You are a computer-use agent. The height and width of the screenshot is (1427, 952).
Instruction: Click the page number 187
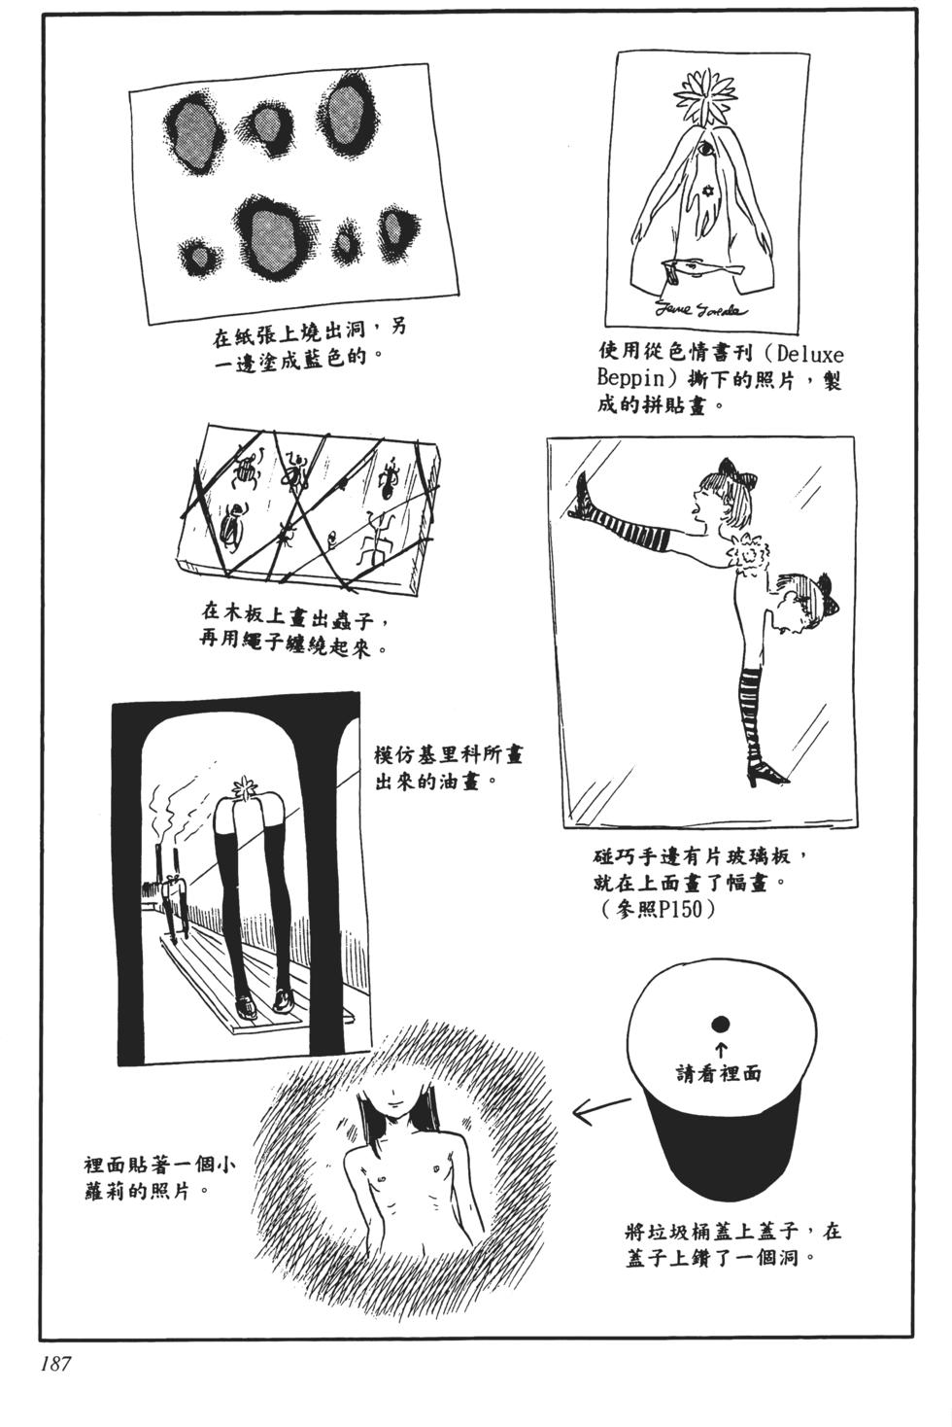tap(54, 1363)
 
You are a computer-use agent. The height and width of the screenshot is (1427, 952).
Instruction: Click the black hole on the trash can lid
tap(721, 1024)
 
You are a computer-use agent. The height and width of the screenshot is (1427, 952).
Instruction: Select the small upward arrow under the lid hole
tap(721, 1049)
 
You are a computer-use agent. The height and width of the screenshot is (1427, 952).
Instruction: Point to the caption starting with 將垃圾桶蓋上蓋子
tap(732, 1244)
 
